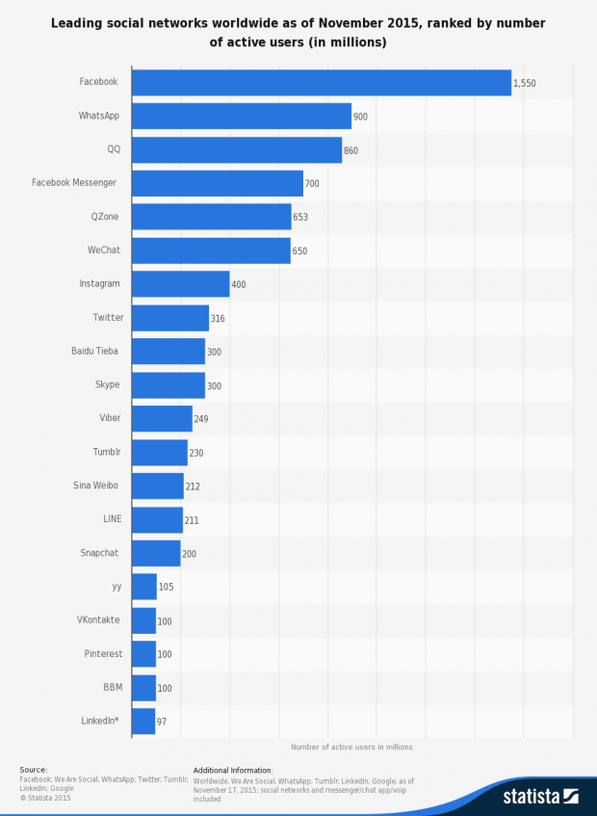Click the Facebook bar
tap(321, 83)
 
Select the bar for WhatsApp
tap(241, 117)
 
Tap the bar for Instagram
tap(180, 284)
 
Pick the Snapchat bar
tap(156, 553)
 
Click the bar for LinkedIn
tap(143, 722)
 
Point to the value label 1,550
tap(524, 84)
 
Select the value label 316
tap(218, 319)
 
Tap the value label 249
tap(200, 419)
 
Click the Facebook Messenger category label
tap(74, 183)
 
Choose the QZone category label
tap(104, 217)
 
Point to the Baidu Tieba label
tap(94, 351)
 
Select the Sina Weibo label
tap(96, 486)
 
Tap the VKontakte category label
tap(98, 619)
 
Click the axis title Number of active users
tap(351, 747)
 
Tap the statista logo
tap(539, 796)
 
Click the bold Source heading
tap(33, 770)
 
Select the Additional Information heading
tap(233, 770)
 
